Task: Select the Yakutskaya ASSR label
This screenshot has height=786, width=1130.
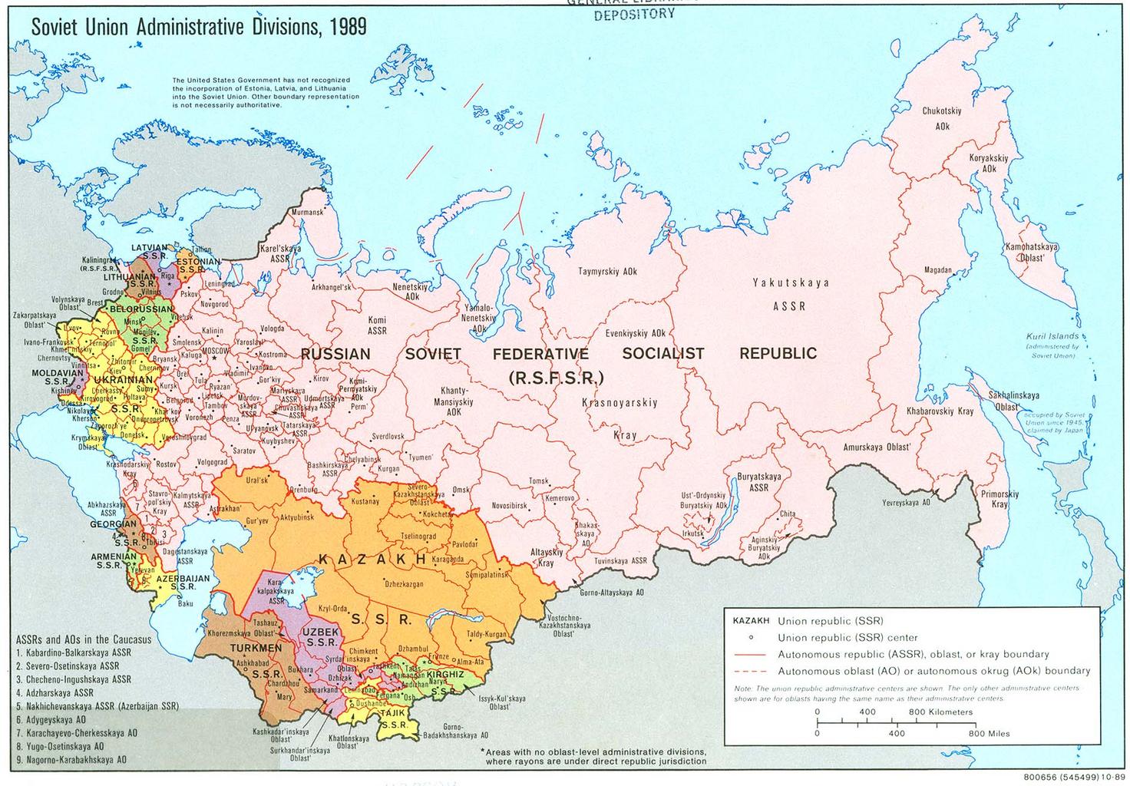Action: pyautogui.click(x=790, y=294)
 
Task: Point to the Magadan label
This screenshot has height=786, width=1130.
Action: pyautogui.click(x=938, y=270)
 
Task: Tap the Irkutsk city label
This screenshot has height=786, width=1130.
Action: pyautogui.click(x=692, y=533)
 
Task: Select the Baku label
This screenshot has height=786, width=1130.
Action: pyautogui.click(x=185, y=603)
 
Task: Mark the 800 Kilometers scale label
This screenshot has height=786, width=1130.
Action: pyautogui.click(x=940, y=712)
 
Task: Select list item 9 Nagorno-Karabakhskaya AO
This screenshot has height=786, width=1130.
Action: pyautogui.click(x=71, y=761)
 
